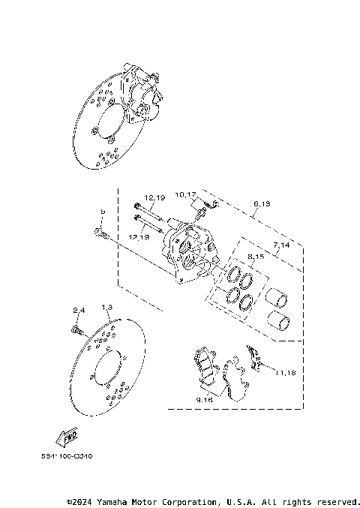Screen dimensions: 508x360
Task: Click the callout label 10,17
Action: (187, 195)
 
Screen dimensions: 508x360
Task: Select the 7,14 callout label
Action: (282, 245)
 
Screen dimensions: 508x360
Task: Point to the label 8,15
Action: (255, 257)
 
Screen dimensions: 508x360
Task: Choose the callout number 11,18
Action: (285, 373)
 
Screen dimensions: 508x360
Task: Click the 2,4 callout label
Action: (79, 310)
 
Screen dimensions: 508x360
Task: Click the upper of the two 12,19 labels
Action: (154, 198)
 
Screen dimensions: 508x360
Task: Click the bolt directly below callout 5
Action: (100, 235)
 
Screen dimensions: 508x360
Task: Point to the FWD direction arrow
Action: (65, 436)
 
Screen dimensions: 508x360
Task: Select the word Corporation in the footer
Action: (188, 500)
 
